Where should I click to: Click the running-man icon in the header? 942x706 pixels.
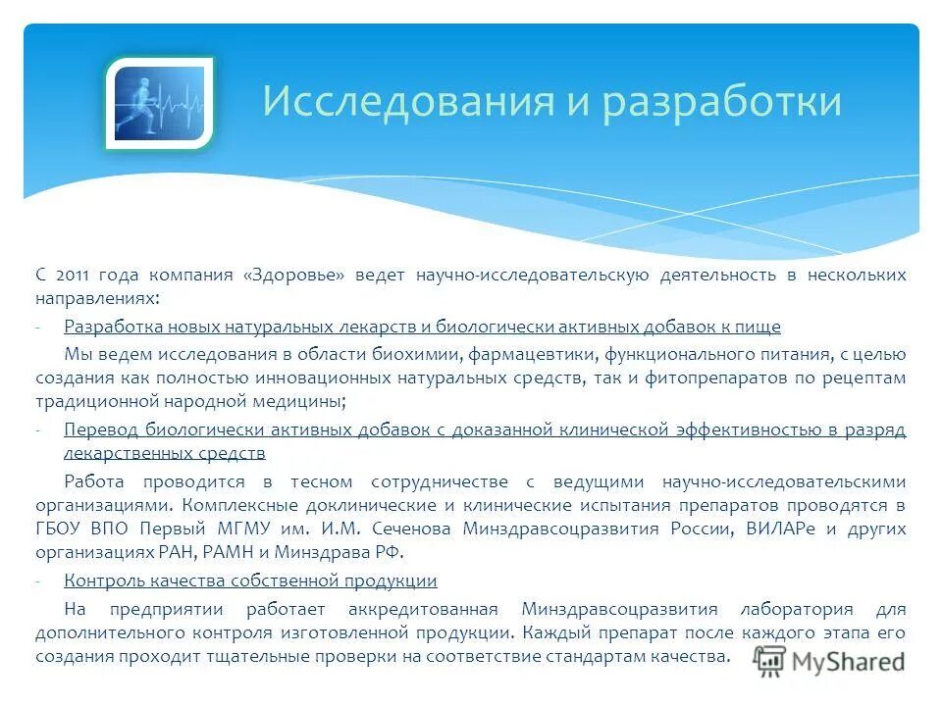(159, 104)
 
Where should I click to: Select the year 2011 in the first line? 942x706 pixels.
(76, 276)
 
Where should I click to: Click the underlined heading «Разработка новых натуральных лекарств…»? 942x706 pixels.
(422, 327)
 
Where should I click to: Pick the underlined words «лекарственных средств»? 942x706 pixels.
(164, 454)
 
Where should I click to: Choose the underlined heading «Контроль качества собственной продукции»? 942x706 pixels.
(250, 581)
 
